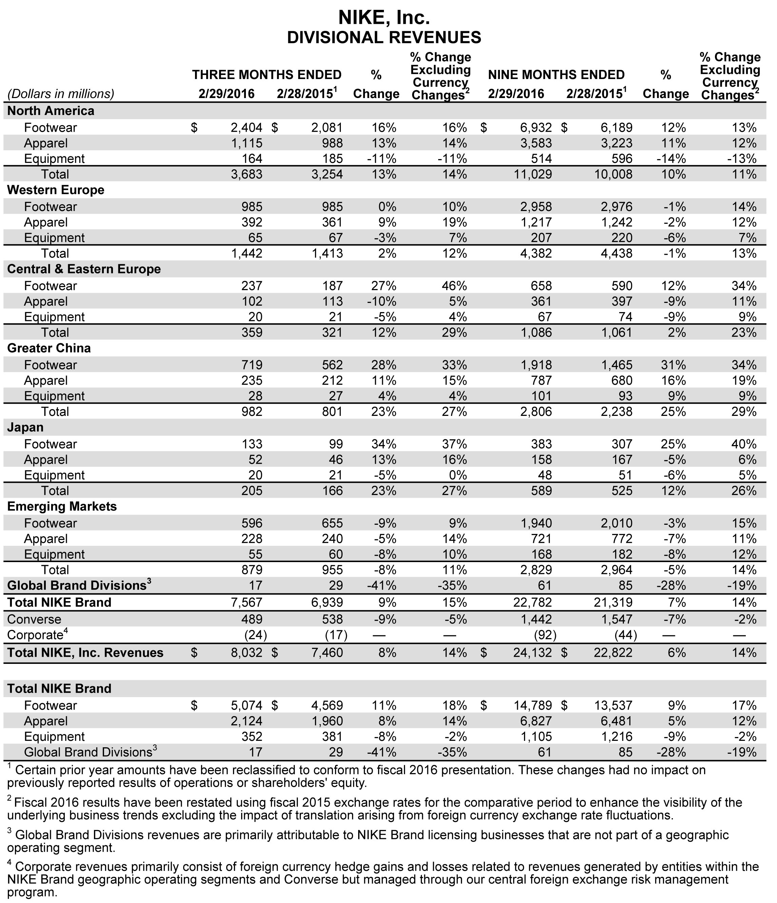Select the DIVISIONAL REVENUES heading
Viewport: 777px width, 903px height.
coord(384,37)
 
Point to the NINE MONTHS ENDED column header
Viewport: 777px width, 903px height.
coord(556,75)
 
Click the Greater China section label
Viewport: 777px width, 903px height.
coord(49,348)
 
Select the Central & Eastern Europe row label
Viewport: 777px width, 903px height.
coord(84,269)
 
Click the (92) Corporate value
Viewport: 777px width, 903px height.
coord(545,635)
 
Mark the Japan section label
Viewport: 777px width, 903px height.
coord(25,427)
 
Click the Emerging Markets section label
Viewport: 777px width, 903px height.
coord(62,506)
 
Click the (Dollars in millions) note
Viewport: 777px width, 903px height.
coord(61,94)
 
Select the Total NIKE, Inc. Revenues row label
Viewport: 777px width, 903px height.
coord(85,652)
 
